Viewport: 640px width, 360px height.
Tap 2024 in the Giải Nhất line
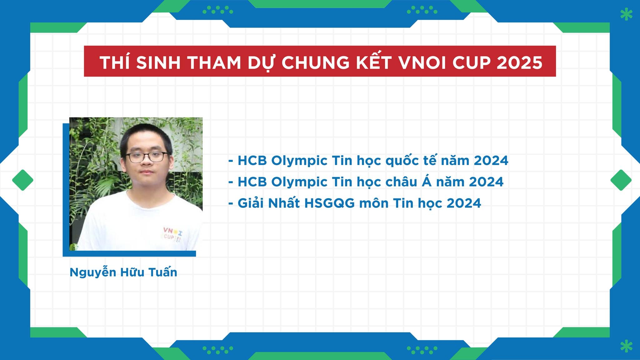(464, 203)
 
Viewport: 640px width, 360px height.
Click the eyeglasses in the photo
(147, 157)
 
